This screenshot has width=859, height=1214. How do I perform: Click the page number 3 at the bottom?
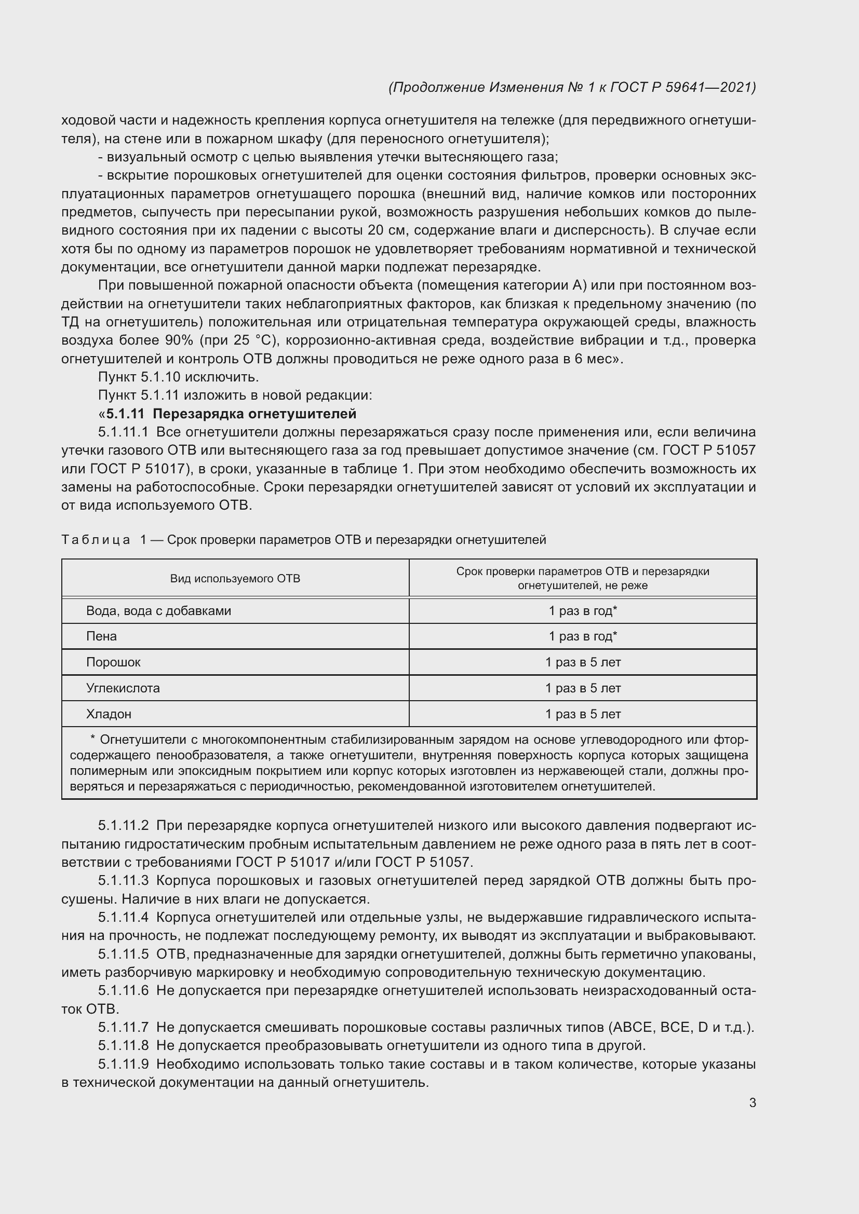click(752, 1102)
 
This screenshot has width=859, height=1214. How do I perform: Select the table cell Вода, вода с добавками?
click(158, 611)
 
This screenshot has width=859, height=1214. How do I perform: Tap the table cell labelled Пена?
click(102, 636)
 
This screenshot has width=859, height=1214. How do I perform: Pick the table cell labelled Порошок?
click(113, 662)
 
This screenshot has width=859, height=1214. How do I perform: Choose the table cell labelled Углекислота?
click(123, 688)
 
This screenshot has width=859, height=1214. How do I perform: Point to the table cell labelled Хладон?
click(109, 714)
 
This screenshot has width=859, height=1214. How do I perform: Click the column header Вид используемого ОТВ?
click(235, 578)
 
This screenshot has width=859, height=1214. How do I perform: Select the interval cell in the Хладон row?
click(582, 714)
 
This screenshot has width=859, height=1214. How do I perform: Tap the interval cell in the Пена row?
click(582, 636)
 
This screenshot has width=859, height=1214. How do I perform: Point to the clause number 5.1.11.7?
click(123, 1027)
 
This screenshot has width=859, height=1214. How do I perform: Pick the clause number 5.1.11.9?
click(123, 1064)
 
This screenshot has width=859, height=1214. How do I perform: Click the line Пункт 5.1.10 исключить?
click(178, 377)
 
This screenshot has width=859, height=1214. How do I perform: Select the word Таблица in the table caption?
click(96, 540)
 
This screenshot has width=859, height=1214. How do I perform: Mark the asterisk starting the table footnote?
click(93, 738)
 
